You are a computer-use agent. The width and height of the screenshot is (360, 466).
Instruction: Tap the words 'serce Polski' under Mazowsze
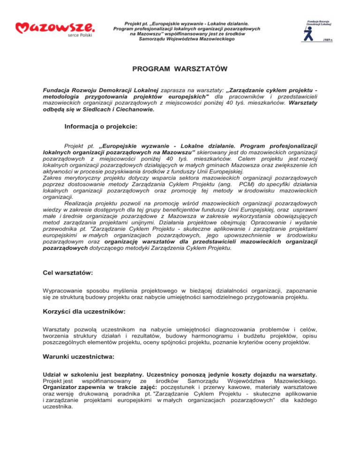click(81, 35)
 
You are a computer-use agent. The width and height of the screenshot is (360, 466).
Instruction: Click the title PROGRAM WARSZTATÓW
click(180, 69)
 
